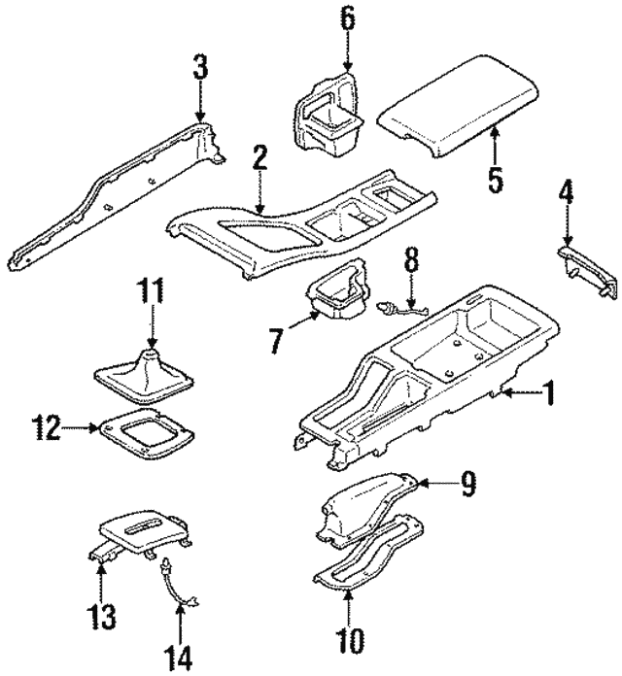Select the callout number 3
point(199,68)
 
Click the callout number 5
point(496,182)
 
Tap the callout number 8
point(411,260)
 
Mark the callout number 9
point(467,483)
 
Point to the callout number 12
point(45,425)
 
